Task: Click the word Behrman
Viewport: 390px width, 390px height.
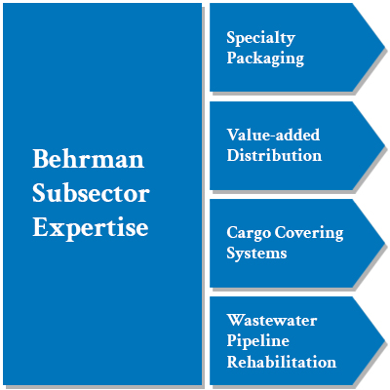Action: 88,159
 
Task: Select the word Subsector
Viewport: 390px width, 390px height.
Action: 91,193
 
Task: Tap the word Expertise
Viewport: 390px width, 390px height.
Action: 91,228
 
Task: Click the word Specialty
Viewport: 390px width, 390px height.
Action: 260,39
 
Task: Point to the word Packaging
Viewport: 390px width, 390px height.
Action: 265,58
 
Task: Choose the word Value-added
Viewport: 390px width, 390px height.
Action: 273,135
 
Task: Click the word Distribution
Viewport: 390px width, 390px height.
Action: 274,155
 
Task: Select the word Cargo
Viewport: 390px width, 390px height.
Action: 249,234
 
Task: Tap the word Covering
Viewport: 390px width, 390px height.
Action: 309,234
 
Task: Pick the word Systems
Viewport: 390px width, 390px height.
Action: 256,253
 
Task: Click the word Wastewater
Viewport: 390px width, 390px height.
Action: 271,320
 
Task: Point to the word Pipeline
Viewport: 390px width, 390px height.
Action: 257,341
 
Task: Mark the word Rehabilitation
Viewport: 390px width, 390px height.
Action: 281,362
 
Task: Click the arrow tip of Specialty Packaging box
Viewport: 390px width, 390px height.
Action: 384,48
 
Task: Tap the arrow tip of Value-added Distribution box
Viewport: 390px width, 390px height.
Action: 384,145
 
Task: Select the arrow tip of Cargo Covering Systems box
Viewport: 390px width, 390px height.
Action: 384,243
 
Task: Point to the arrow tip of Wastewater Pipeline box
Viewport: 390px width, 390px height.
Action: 384,340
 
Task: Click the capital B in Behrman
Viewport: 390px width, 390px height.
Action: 40,159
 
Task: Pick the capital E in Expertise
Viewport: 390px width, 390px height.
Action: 40,226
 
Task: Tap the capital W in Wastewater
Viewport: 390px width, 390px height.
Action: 236,320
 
